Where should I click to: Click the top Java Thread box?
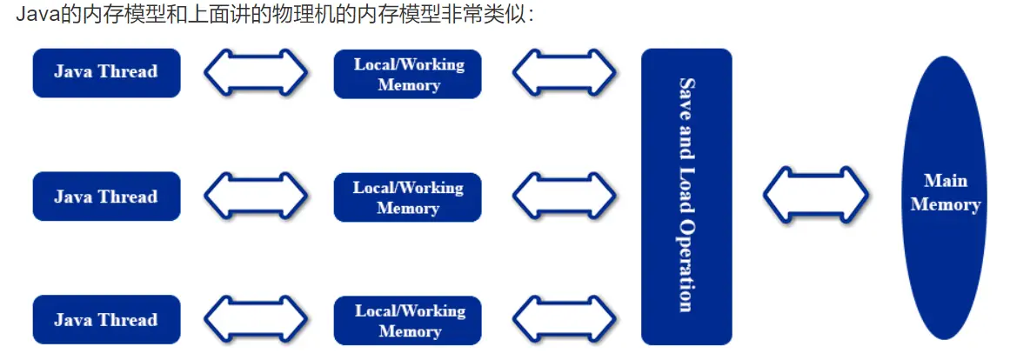coord(106,73)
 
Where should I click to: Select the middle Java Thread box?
coord(106,197)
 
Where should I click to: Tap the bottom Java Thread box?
coord(106,320)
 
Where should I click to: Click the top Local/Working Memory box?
coord(408,74)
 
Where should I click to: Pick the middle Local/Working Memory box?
coord(408,197)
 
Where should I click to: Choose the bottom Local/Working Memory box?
coord(408,321)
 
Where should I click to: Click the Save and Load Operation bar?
coord(686,197)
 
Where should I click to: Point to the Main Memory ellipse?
coord(945,197)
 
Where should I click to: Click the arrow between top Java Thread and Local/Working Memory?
coord(256,73)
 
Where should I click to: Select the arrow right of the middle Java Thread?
coord(256,197)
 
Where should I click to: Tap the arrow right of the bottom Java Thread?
coord(256,320)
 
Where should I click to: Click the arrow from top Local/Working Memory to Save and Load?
coord(565,73)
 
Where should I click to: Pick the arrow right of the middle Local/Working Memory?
coord(565,197)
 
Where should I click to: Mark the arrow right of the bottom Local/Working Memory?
coord(565,320)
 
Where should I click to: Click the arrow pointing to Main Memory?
coord(816,195)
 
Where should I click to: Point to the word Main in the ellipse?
coord(946,181)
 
